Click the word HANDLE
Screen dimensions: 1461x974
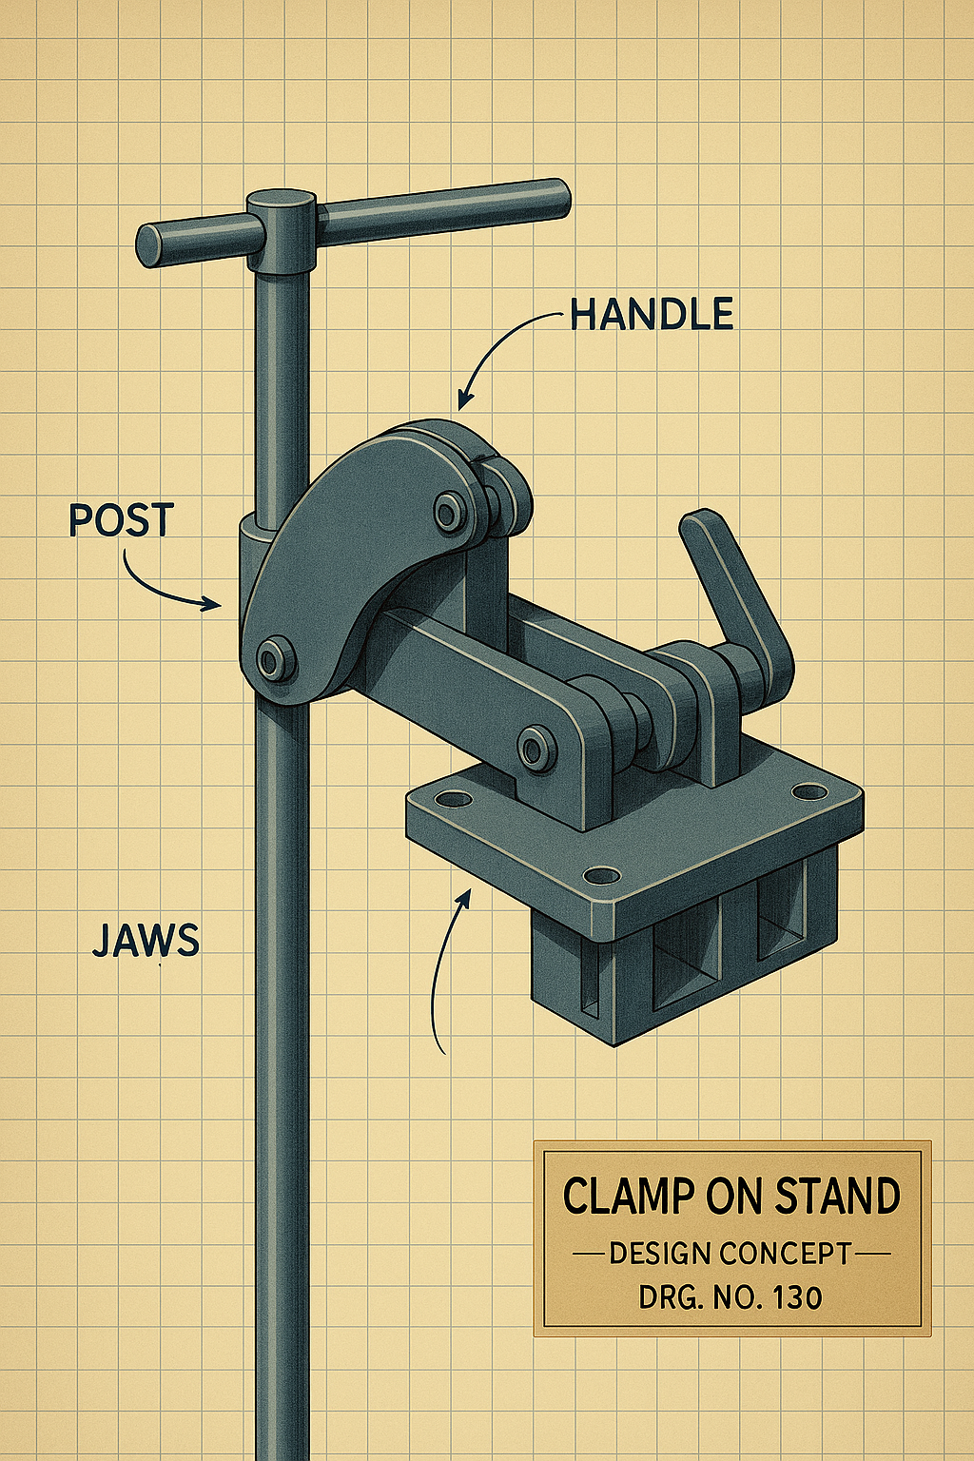[x=652, y=315]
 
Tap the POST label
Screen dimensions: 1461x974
[x=122, y=520]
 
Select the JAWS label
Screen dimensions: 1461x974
[x=146, y=940]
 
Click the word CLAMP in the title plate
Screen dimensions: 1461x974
[x=629, y=1196]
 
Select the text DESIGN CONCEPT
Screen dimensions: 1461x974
[x=730, y=1254]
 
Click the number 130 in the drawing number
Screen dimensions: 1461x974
[x=797, y=1297]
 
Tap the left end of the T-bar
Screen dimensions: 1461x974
[x=150, y=245]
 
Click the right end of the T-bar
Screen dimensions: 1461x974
[x=554, y=198]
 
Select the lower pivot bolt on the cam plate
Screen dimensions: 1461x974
[x=275, y=659]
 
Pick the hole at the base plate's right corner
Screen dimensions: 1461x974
[x=809, y=791]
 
